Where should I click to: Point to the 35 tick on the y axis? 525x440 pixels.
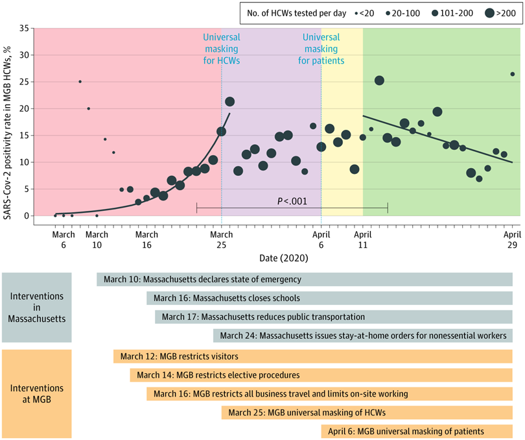click(25, 29)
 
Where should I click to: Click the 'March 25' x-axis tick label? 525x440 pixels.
click(221, 239)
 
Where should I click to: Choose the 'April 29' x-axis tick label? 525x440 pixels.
click(512, 239)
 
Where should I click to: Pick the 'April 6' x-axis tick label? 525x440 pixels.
click(321, 239)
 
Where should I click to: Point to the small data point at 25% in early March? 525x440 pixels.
click(80, 82)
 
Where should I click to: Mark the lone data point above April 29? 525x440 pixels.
click(512, 74)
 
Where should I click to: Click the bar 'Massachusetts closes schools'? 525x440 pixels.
click(329, 299)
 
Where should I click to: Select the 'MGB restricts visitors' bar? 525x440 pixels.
click(312, 356)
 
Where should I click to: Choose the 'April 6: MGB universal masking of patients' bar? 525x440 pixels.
click(416, 432)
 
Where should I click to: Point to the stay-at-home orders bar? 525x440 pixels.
click(362, 336)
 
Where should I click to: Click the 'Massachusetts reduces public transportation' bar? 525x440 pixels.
click(333, 317)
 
